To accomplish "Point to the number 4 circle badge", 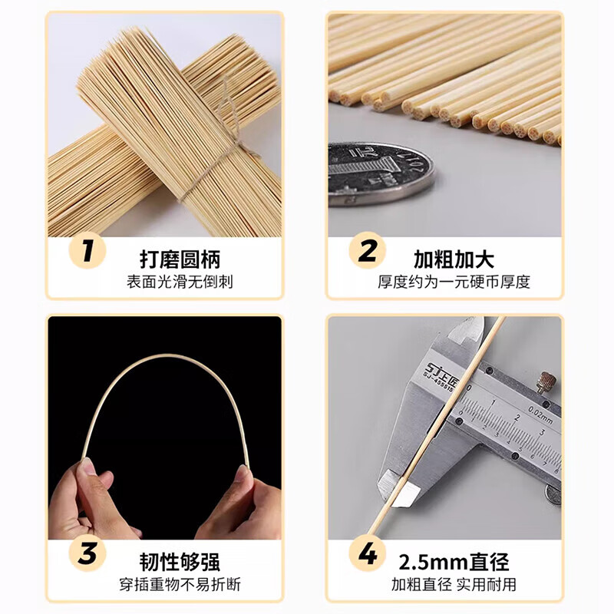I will tap(367, 554).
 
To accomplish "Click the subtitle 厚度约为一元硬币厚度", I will tap(454, 282).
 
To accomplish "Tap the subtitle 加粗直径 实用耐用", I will tap(454, 586).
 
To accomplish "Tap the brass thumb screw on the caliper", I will tap(546, 381).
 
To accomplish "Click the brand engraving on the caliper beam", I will tap(440, 372).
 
